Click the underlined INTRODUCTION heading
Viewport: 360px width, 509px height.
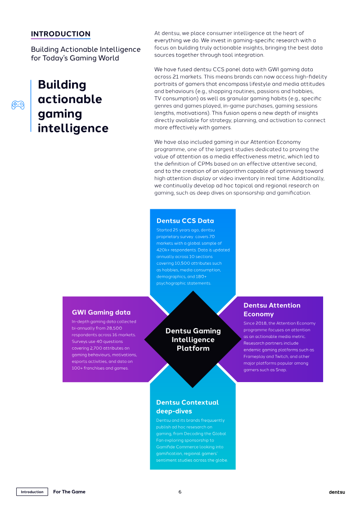coord(60,34)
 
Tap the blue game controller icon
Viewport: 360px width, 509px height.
coord(18,105)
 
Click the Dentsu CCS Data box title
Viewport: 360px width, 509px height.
coord(185,221)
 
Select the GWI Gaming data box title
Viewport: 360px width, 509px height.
coord(101,312)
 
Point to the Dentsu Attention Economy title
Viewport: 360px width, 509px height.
coord(272,310)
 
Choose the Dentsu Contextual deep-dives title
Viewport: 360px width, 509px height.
coord(187,407)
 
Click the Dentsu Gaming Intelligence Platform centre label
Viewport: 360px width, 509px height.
coord(193,339)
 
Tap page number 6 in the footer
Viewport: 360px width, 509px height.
coord(180,492)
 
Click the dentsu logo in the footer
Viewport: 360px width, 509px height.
coord(337,492)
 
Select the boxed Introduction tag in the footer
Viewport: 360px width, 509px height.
coord(32,492)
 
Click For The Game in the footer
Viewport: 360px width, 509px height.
coord(69,492)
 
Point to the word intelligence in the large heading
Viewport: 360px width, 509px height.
coord(73,128)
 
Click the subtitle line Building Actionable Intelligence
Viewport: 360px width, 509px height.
coord(85,49)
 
